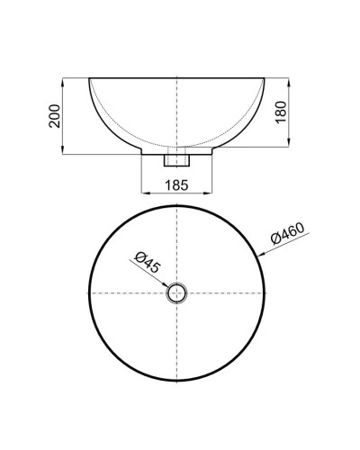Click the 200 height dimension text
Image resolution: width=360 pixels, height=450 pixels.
tap(53, 116)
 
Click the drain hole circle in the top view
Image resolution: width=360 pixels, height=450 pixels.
tap(177, 292)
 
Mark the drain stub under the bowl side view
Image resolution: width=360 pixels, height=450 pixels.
tap(177, 160)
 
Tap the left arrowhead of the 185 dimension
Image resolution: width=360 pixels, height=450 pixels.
tap(145, 194)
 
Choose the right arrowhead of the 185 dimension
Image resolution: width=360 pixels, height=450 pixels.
tap(211, 194)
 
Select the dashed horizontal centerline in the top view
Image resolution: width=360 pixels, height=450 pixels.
tap(126, 292)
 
